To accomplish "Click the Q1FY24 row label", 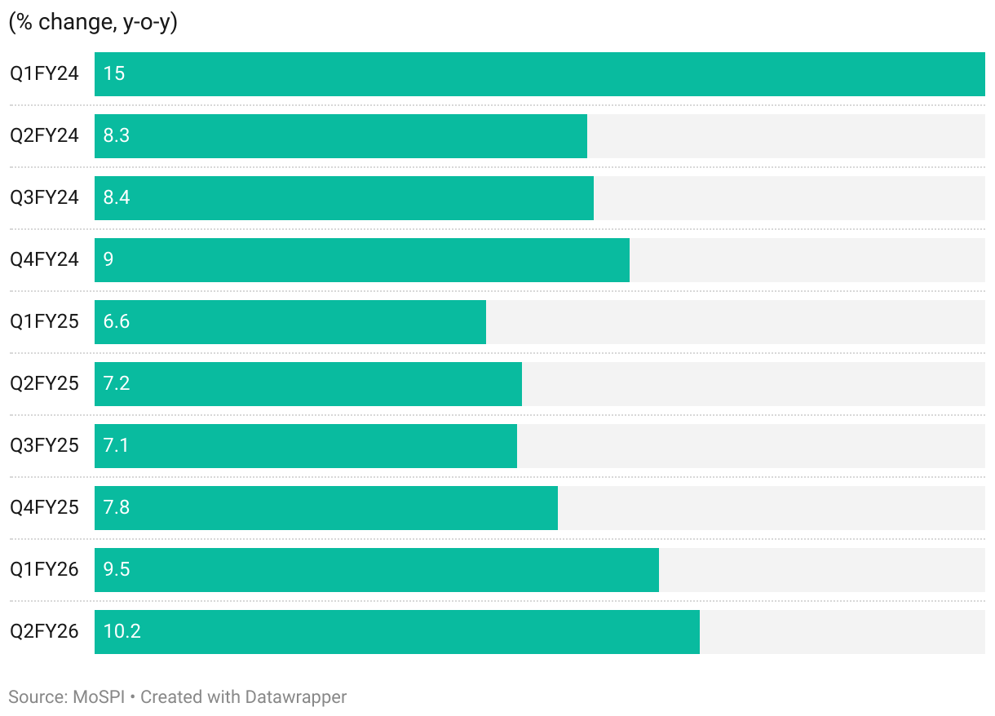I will (44, 73).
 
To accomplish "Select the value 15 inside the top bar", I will (114, 73).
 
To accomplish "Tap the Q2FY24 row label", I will (44, 135).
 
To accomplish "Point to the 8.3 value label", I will (117, 135).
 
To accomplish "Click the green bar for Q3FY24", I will (343, 197).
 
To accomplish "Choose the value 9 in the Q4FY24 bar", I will (108, 259).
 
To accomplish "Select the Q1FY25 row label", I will (44, 321).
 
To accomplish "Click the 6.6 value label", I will (117, 321).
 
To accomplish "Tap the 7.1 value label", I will (117, 445).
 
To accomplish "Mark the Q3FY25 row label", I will (44, 445).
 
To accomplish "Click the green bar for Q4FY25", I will (325, 507).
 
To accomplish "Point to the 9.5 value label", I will (117, 569).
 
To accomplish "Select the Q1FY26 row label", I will (44, 569).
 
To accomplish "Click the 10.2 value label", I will (122, 631).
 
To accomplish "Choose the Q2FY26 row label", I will (44, 631).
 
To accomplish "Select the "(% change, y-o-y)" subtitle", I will (93, 23).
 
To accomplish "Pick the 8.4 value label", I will (117, 197).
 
